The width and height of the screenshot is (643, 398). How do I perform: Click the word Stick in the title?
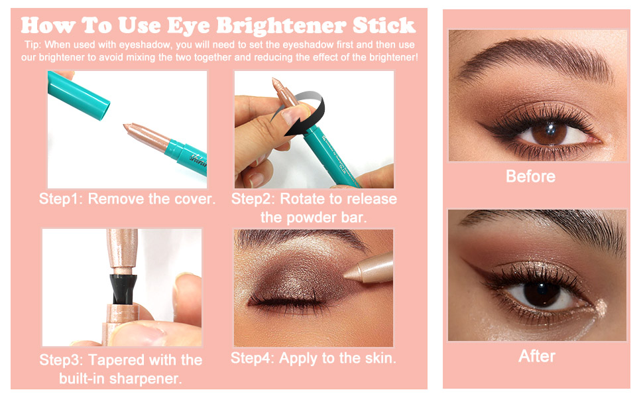coord(384,27)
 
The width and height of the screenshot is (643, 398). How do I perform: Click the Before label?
coord(530,176)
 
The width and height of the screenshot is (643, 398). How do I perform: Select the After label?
coord(536,356)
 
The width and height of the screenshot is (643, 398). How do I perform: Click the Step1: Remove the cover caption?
coord(127,199)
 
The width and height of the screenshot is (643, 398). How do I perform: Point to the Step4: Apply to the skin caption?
coord(313,358)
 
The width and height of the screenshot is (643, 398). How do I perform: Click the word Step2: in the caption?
coord(255,199)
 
